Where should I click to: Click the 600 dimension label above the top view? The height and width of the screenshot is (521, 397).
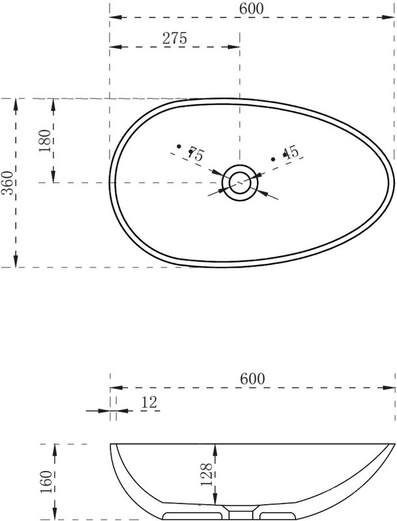tap(252, 8)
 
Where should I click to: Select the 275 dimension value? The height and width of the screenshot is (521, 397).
tap(175, 38)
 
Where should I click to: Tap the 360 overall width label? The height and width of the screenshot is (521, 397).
tap(7, 183)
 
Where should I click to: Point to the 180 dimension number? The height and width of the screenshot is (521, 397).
tap(45, 141)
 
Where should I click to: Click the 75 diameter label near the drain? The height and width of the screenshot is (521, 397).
tap(196, 154)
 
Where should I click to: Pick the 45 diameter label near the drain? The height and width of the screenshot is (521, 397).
tap(291, 152)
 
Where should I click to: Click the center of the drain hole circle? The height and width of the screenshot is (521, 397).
tap(240, 182)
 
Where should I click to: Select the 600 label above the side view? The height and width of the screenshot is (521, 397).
tap(252, 379)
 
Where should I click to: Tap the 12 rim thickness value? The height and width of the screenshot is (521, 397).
tap(149, 402)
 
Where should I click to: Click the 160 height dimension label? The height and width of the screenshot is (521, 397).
tap(46, 482)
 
